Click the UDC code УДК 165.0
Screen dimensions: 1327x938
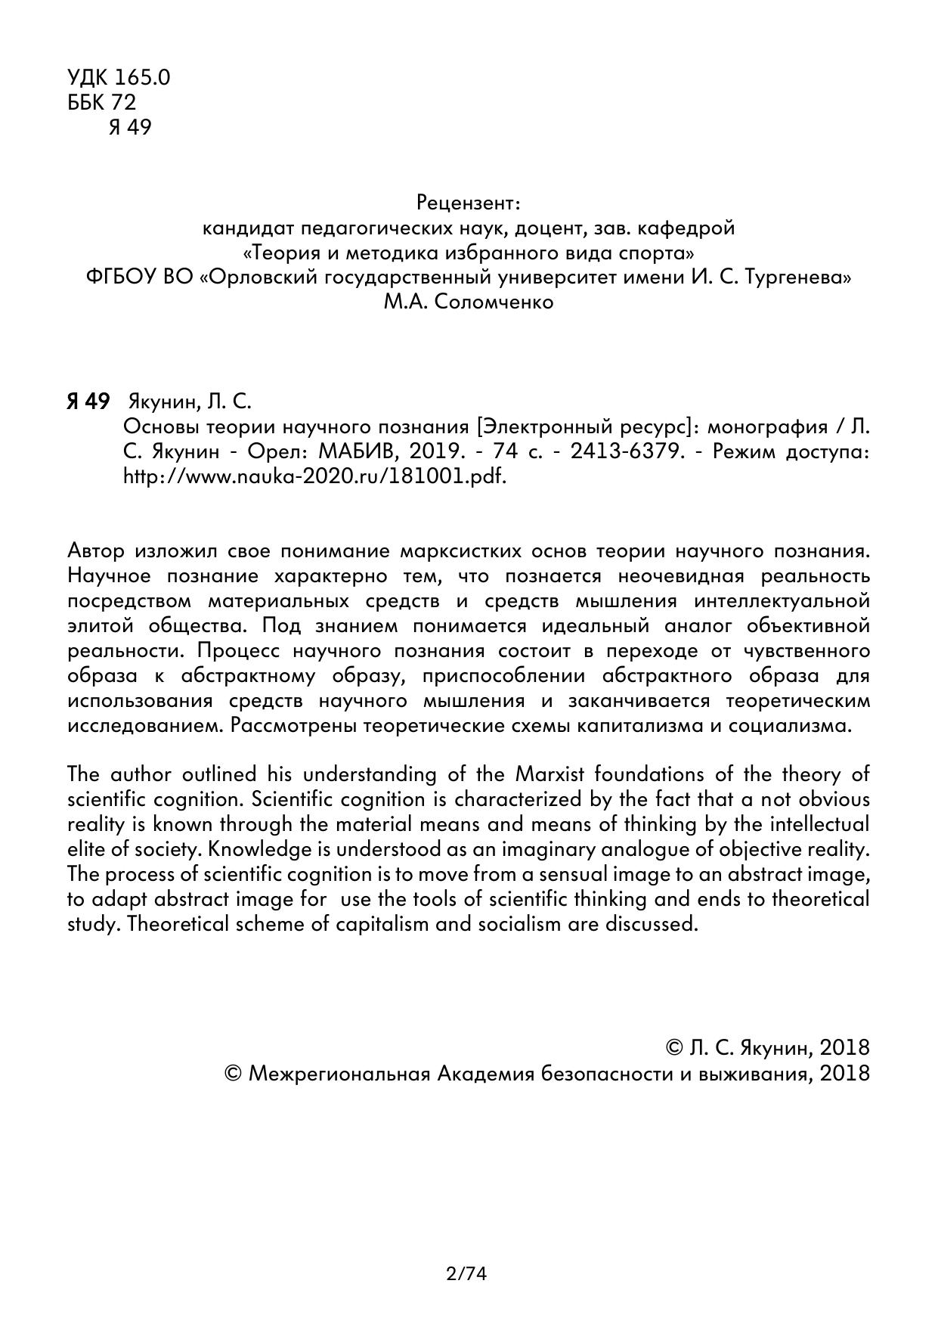click(x=119, y=77)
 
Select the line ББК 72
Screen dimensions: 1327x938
click(x=102, y=102)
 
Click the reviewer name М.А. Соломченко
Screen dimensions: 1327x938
click(x=469, y=302)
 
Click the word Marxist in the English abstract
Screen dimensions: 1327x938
click(x=549, y=774)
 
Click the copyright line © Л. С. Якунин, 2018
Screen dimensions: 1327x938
click(x=767, y=1047)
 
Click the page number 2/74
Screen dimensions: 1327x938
click(x=466, y=1274)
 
